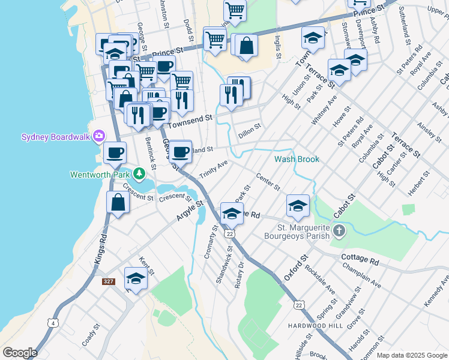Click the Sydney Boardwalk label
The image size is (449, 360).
(55, 137)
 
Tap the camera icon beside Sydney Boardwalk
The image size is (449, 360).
(98, 137)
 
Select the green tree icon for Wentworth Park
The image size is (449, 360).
(139, 175)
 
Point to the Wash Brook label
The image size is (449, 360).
(297, 160)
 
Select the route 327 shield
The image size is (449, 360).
(108, 281)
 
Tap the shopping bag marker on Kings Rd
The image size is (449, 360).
(118, 203)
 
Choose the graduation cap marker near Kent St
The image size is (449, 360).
(136, 278)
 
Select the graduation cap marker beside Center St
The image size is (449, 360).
(298, 206)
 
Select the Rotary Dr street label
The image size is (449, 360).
(240, 275)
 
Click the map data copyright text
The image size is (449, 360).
(411, 355)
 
